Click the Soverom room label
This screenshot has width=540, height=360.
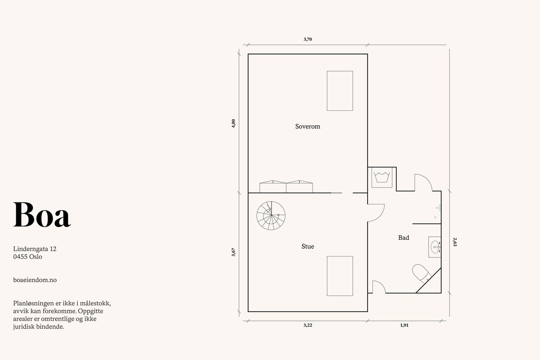pos(307,126)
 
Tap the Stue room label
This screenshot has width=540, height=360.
pos(307,246)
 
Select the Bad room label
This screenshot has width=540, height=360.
pos(404,238)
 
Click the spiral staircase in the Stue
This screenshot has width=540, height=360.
pos(271,215)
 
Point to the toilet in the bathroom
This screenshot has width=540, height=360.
pos(422,274)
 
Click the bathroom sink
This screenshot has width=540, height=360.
pos(435,247)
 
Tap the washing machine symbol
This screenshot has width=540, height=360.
pos(382,177)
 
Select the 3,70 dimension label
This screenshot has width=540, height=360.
pos(307,39)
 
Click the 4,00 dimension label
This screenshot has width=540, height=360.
pos(233,123)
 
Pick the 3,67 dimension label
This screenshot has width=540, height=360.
pos(233,252)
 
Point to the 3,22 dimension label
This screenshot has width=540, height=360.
pos(307,325)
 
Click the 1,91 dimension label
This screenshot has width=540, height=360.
pos(404,325)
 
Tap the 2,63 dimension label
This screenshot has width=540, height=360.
pos(455,242)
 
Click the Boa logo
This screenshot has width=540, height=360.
pos(42,215)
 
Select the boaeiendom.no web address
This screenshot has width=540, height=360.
pos(35,280)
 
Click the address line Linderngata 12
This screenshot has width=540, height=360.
pos(35,249)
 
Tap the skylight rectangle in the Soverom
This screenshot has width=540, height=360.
pos(340,91)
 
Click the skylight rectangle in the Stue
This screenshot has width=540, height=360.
pos(340,276)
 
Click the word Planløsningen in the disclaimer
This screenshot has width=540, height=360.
pos(32,303)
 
